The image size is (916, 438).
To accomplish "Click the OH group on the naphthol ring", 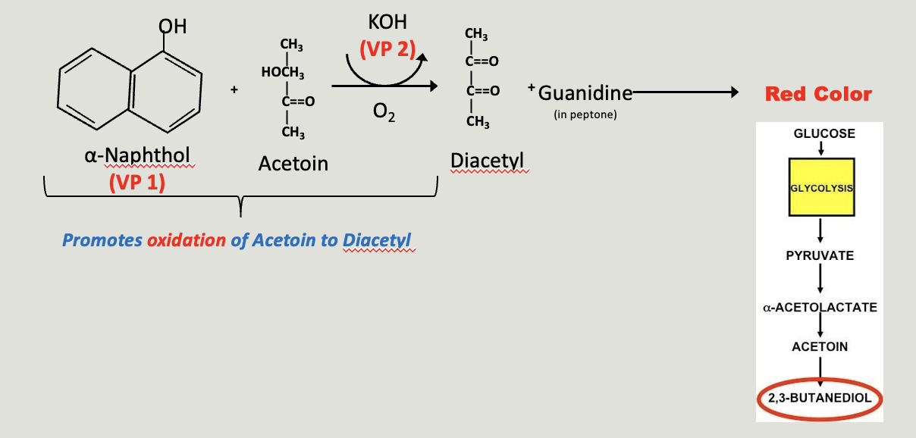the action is pyautogui.click(x=172, y=27).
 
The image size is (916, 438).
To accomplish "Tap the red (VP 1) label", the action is pyautogui.click(x=137, y=182).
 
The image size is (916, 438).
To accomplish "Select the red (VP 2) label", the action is pyautogui.click(x=387, y=49).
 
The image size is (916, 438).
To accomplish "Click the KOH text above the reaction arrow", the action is pyautogui.click(x=387, y=22).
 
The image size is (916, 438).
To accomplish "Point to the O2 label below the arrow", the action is pyautogui.click(x=384, y=111).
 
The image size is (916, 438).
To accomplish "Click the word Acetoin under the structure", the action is pyautogui.click(x=293, y=164).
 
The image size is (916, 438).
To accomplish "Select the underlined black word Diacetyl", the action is pyautogui.click(x=487, y=161).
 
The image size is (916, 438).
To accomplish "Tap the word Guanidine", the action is pyautogui.click(x=585, y=93).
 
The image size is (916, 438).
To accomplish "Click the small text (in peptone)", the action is pyautogui.click(x=585, y=115).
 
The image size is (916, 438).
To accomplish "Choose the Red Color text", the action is pyautogui.click(x=818, y=94).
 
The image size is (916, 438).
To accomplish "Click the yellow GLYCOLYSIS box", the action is pyautogui.click(x=821, y=187).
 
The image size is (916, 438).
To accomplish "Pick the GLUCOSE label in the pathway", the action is pyautogui.click(x=824, y=133).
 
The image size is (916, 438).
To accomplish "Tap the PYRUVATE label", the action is pyautogui.click(x=820, y=256).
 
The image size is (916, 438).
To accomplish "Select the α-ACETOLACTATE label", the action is pyautogui.click(x=820, y=307).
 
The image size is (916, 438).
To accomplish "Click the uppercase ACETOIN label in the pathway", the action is pyautogui.click(x=820, y=346).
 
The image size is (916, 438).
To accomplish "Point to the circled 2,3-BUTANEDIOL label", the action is pyautogui.click(x=820, y=398).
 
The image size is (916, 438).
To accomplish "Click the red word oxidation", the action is pyautogui.click(x=187, y=240).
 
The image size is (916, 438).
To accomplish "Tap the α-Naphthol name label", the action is pyautogui.click(x=137, y=155).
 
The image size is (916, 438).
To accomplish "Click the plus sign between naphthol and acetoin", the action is pyautogui.click(x=234, y=89).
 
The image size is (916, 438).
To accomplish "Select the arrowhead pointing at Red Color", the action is pyautogui.click(x=735, y=92).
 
